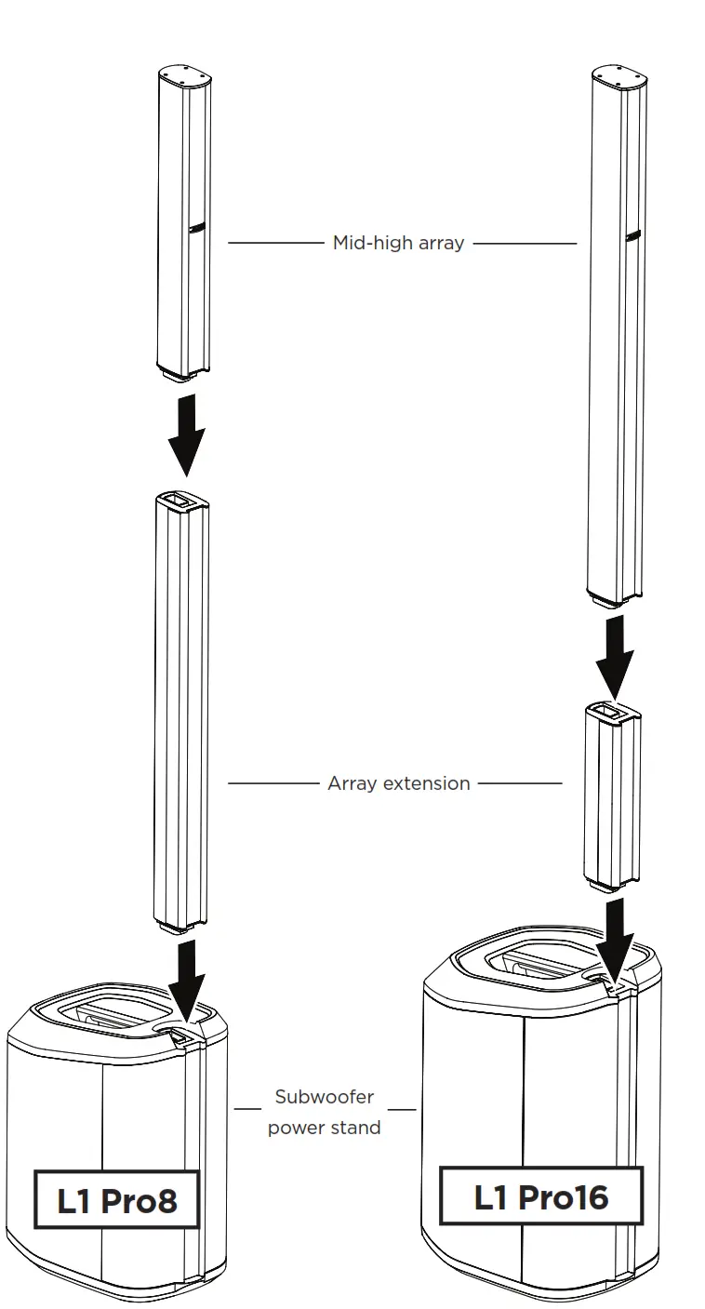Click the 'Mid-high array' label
(x=398, y=243)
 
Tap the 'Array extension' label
(x=398, y=783)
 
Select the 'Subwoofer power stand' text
(x=324, y=1112)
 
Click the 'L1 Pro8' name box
(x=117, y=1200)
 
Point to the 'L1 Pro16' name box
(x=540, y=1195)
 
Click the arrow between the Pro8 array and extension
(x=186, y=434)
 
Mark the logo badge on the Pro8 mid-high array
(x=197, y=225)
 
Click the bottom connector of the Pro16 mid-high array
(x=614, y=600)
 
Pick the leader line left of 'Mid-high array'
(x=275, y=243)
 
